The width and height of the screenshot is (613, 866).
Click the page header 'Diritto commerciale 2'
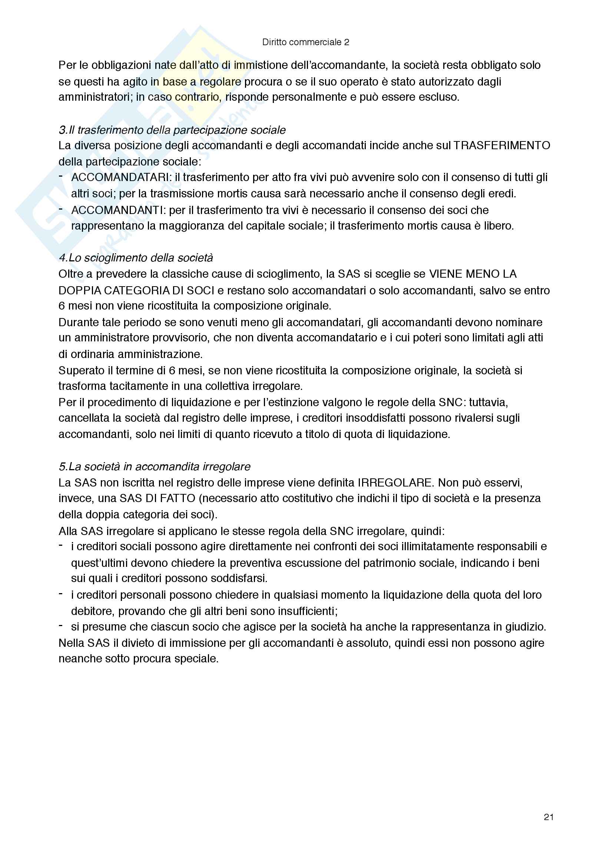click(x=305, y=42)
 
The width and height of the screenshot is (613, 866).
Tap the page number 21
click(x=549, y=817)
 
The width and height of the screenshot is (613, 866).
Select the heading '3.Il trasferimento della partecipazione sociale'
click(x=172, y=130)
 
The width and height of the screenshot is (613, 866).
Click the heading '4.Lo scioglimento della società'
click(x=136, y=258)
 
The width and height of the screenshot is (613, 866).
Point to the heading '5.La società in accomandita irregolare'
click(x=155, y=467)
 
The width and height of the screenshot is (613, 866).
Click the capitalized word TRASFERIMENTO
click(x=502, y=146)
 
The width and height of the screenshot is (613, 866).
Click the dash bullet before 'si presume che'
click(x=61, y=626)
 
